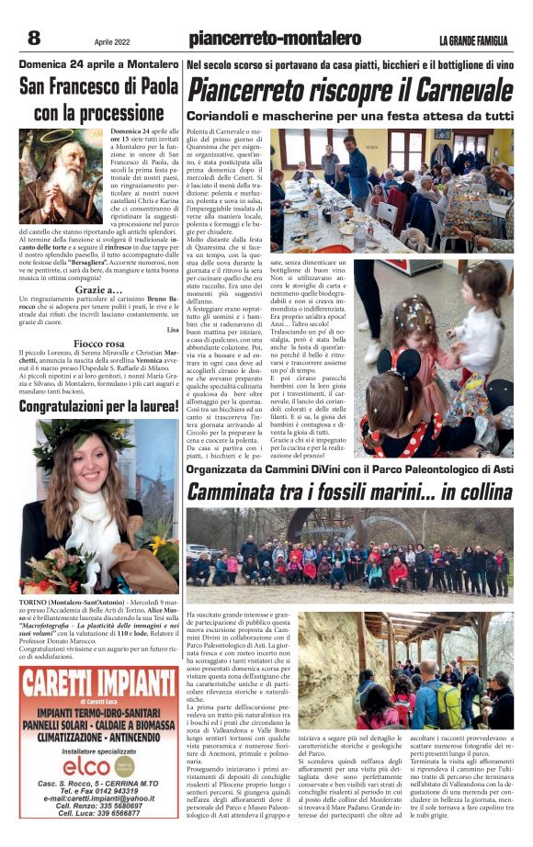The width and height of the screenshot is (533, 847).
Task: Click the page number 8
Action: (34, 38)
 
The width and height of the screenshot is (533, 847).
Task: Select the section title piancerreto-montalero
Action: (274, 39)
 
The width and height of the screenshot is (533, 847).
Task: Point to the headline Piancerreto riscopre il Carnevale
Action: (349, 91)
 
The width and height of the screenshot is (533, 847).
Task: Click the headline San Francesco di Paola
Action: (99, 87)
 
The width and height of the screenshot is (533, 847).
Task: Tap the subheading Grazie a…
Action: (99, 288)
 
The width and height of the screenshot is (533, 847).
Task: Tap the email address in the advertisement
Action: (99, 800)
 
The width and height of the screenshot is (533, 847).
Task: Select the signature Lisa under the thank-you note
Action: (173, 329)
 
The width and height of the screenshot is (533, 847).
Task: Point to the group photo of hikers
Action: (349, 556)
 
